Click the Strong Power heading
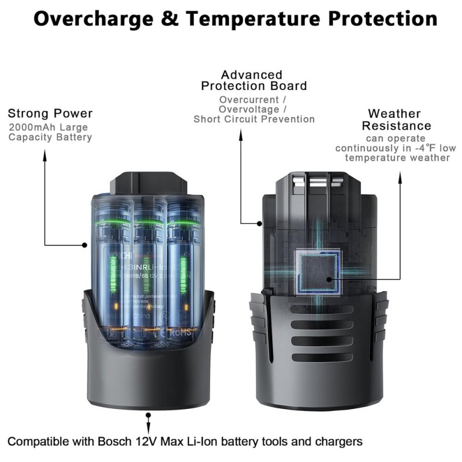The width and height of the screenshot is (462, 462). (50, 113)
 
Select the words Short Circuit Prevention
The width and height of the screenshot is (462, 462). (254, 119)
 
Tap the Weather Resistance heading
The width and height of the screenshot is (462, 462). (396, 120)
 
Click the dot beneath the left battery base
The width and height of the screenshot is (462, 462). (149, 415)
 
